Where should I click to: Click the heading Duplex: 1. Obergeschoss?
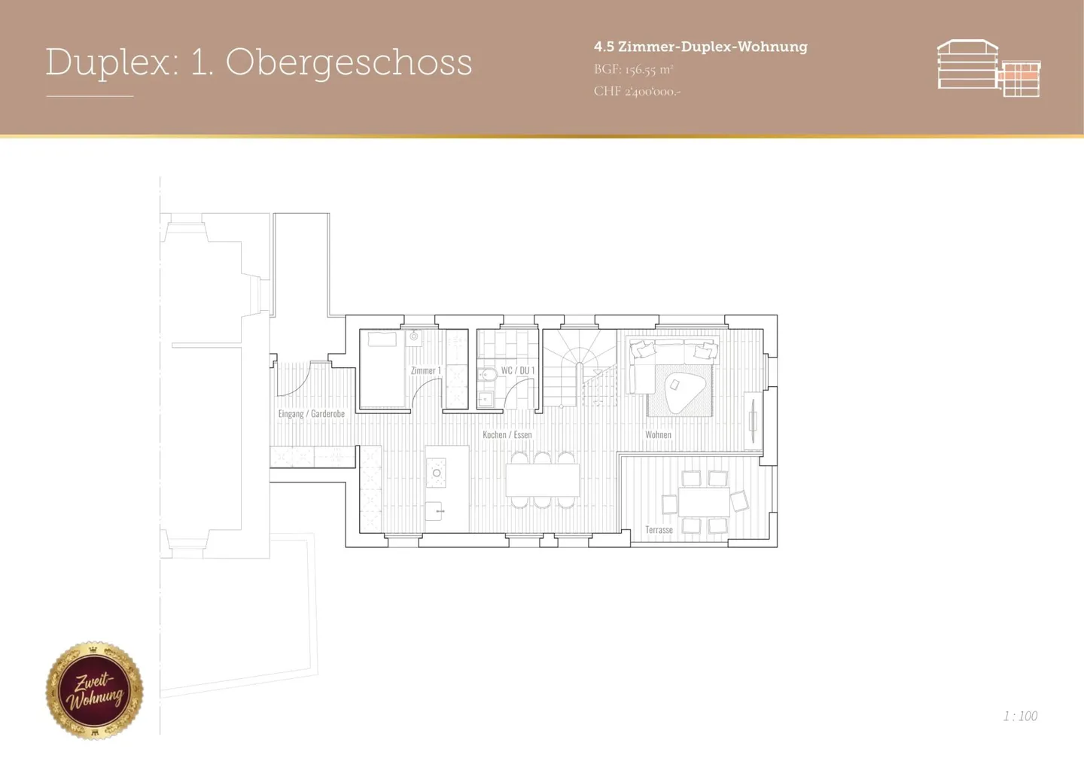tap(258, 62)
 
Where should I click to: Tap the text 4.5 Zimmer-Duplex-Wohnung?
tap(700, 47)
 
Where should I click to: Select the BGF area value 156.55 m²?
tap(633, 69)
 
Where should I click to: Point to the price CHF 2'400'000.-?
tap(637, 91)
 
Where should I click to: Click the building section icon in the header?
tap(988, 68)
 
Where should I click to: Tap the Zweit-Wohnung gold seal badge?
tap(94, 690)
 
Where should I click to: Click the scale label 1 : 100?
tap(1019, 716)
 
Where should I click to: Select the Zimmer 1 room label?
tap(425, 370)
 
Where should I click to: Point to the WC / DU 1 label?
tap(518, 370)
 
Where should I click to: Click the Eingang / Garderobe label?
tap(311, 414)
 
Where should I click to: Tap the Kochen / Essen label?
tap(507, 434)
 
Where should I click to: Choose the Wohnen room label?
tap(657, 434)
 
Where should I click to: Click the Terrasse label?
tap(659, 530)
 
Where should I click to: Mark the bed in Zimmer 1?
tap(383, 369)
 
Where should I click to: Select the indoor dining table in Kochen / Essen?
tap(542, 479)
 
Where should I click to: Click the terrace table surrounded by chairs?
tap(703, 502)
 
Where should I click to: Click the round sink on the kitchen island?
tap(436, 473)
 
